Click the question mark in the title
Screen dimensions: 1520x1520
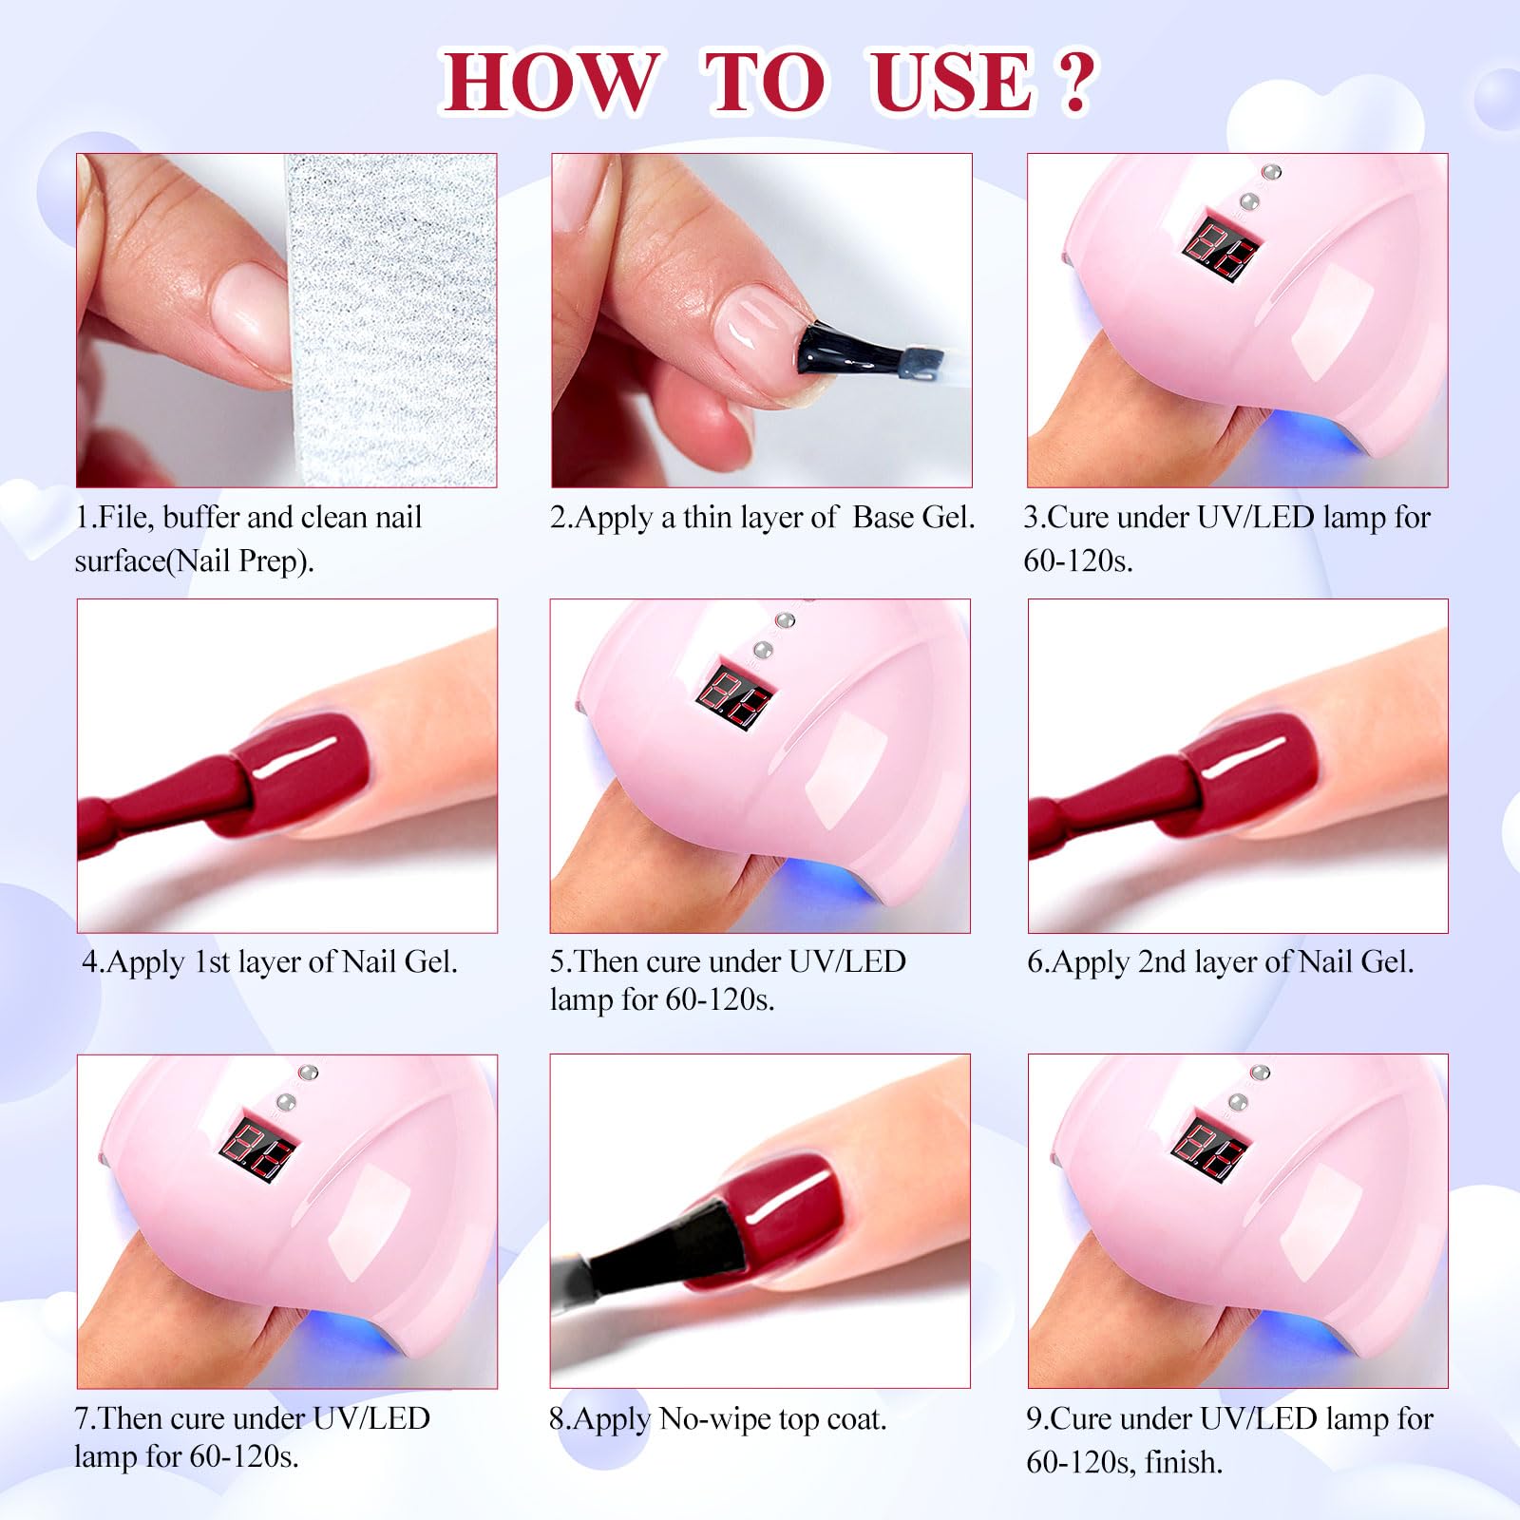(x=1074, y=82)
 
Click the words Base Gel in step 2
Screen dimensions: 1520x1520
(x=913, y=518)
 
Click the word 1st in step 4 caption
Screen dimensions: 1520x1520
(x=212, y=962)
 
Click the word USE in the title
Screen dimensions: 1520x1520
(x=952, y=82)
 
